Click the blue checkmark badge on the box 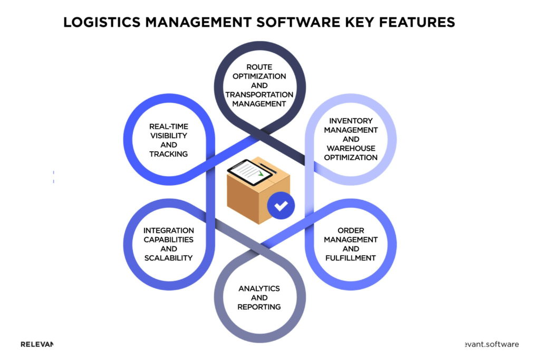[x=281, y=205]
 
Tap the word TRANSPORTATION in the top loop [x=259, y=94]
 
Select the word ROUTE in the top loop [x=259, y=67]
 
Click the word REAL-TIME [x=169, y=127]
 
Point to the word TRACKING [x=169, y=153]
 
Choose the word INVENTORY [x=351, y=121]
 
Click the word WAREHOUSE [x=351, y=148]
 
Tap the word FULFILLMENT [x=351, y=258]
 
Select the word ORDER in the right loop [x=351, y=230]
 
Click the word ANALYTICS [x=259, y=288]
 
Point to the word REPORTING [x=259, y=307]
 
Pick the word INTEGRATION [x=169, y=230]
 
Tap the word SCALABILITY [x=169, y=258]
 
